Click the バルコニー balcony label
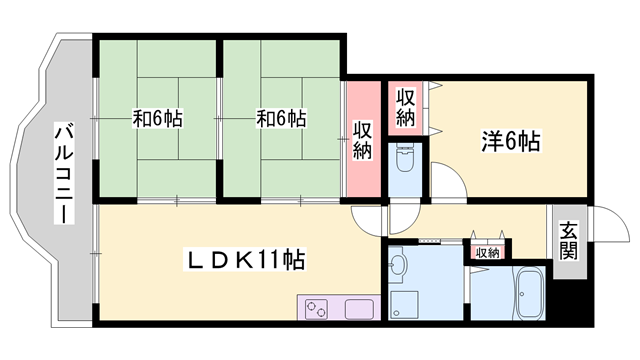62,172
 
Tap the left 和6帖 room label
158,119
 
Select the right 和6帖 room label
281,119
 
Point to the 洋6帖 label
512,142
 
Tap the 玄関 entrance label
568,241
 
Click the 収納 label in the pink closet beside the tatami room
362,140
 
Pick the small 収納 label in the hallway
487,253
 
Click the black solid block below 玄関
569,296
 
